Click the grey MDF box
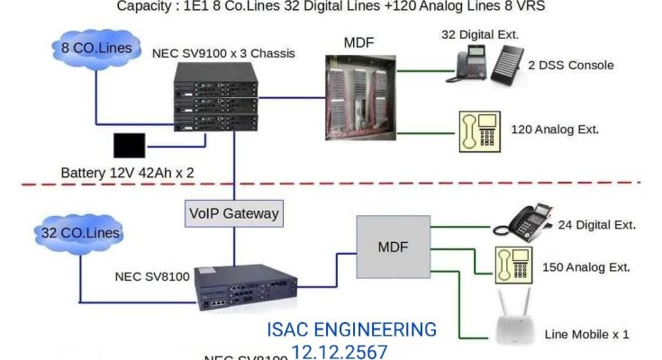pos(392,247)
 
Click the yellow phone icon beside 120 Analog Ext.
pos(476,131)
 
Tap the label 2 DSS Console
pos(571,66)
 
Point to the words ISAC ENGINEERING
pos(351,329)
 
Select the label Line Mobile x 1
pos(587,334)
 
